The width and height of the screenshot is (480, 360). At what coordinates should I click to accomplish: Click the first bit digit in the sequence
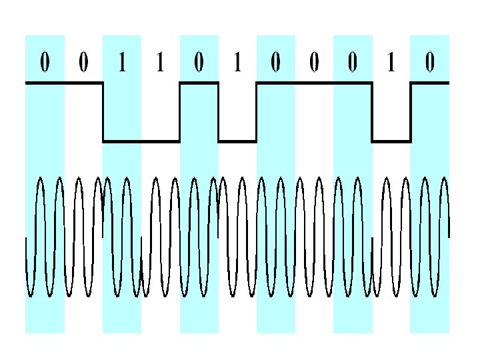[44, 63]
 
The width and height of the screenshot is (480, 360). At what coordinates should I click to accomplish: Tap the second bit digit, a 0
[83, 63]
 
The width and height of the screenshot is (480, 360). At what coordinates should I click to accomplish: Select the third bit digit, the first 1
[121, 63]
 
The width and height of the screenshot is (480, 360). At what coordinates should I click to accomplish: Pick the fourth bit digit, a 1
[159, 63]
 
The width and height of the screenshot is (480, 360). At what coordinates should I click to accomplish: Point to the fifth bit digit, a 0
[199, 63]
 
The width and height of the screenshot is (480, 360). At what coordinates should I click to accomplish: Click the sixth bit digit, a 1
[237, 63]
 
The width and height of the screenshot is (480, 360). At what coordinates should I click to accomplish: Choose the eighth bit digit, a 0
[314, 63]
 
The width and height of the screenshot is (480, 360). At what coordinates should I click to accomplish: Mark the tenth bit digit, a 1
[391, 63]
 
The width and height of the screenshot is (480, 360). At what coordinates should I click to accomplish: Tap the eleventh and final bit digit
[430, 63]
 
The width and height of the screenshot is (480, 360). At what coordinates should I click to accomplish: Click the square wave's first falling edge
[103, 112]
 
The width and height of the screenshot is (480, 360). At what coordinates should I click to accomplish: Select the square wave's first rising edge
[180, 112]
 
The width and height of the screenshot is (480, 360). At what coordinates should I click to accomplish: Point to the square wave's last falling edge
[372, 112]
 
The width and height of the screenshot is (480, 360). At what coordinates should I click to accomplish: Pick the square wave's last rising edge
[411, 112]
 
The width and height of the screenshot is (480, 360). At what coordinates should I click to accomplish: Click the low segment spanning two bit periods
[141, 141]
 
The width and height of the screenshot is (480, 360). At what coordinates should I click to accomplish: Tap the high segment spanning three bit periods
[314, 83]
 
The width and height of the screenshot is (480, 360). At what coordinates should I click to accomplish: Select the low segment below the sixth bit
[238, 141]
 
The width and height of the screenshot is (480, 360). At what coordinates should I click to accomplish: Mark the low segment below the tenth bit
[391, 141]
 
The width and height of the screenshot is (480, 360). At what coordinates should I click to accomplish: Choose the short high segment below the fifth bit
[199, 83]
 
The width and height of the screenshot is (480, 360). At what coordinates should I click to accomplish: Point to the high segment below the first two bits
[64, 83]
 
